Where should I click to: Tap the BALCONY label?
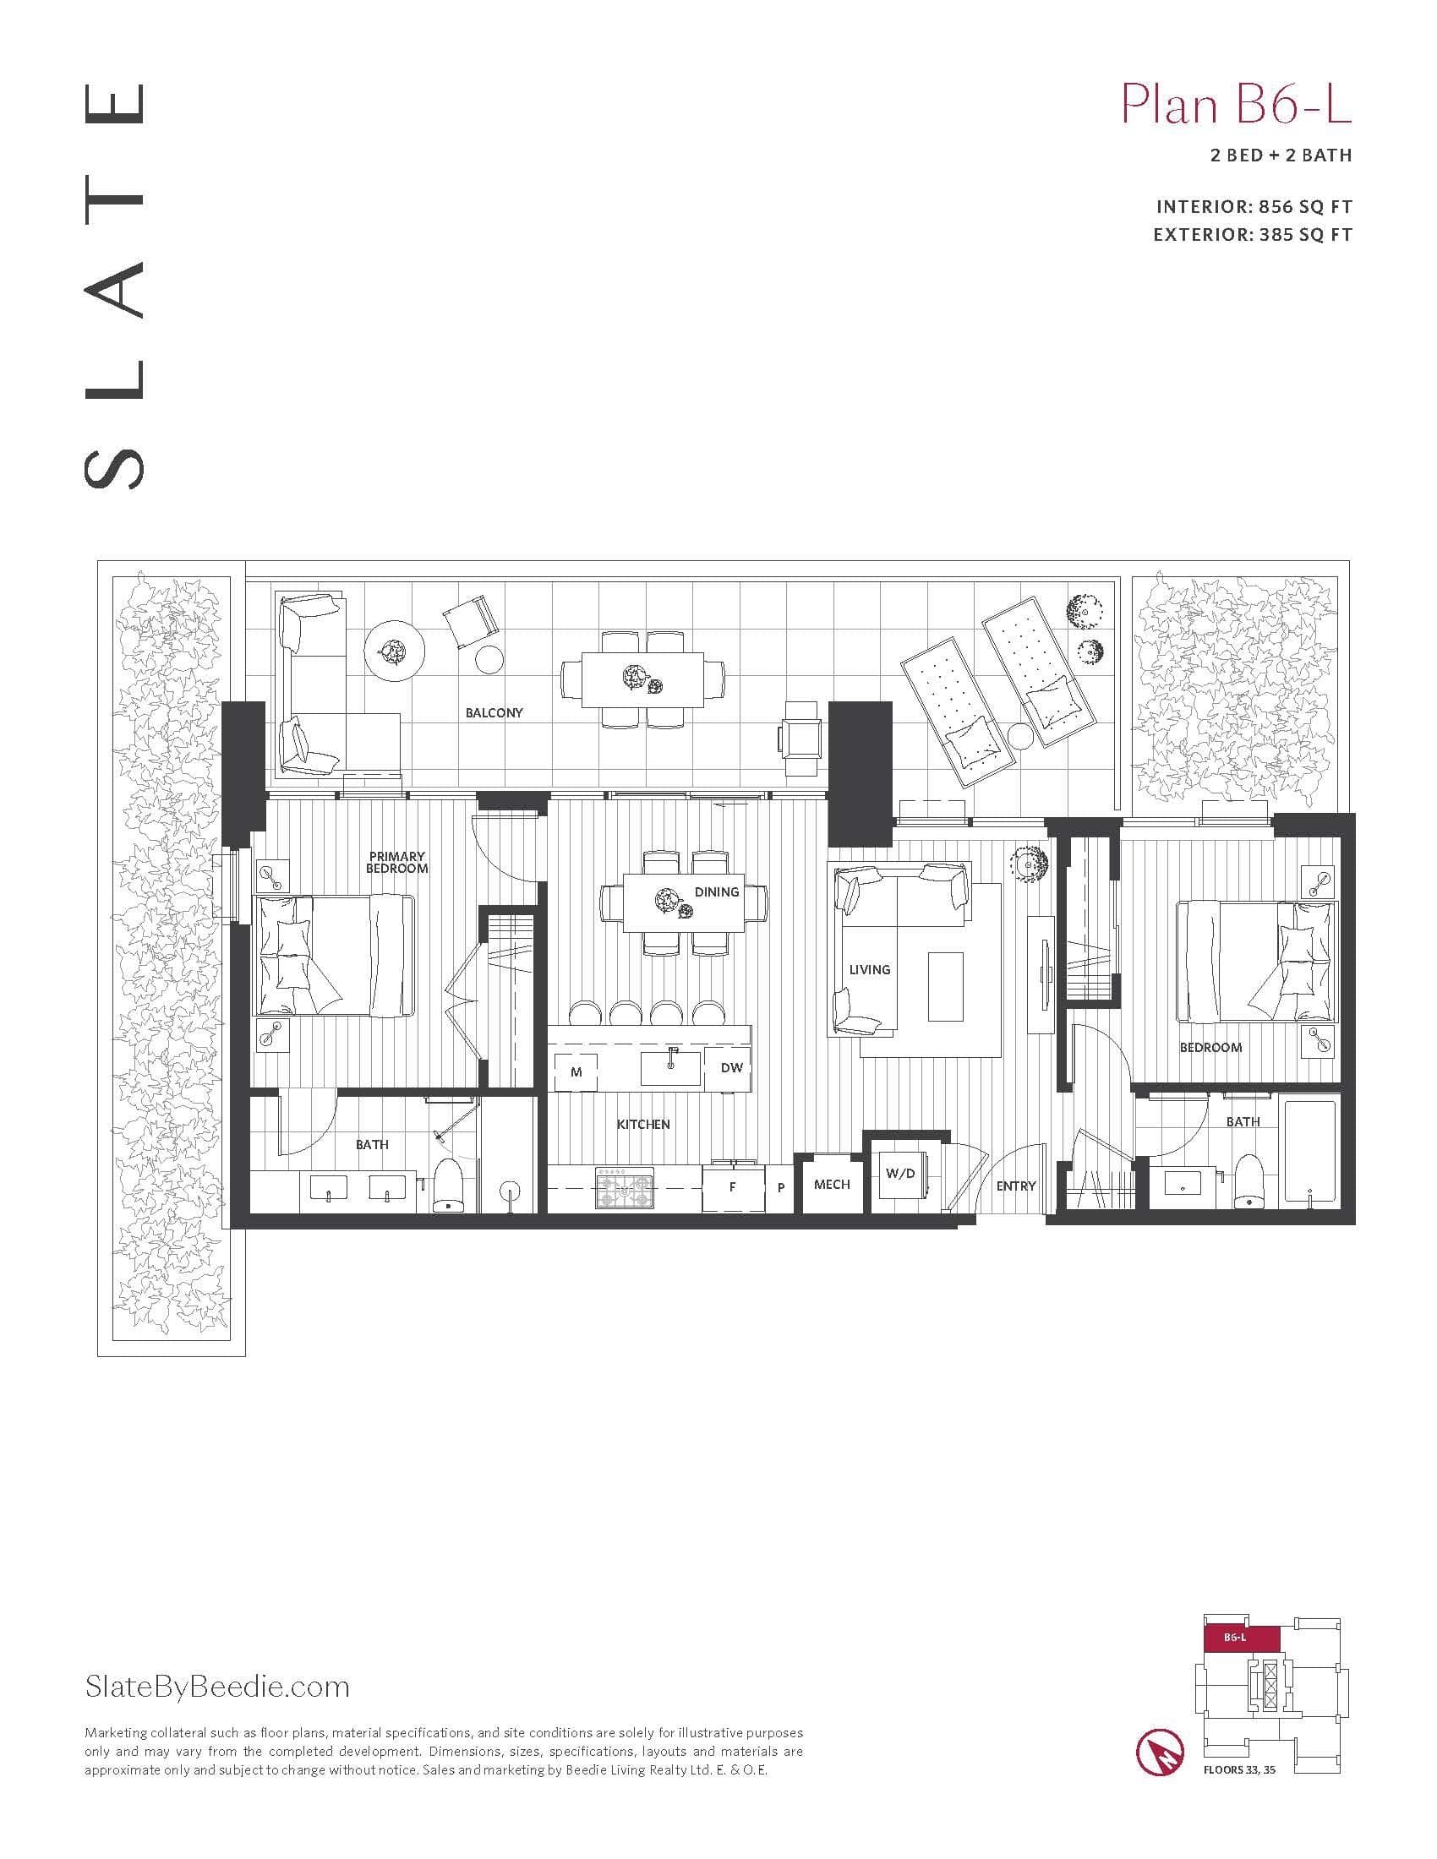tap(494, 712)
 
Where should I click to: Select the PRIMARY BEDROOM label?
tap(396, 862)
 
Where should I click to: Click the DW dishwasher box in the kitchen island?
tap(731, 1067)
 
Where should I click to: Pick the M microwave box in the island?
tap(576, 1071)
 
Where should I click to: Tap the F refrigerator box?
tap(733, 1186)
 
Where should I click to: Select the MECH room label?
tap(832, 1184)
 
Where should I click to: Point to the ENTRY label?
tap(1015, 1186)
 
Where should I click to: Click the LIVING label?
tap(869, 969)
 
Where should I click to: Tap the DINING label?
tap(716, 891)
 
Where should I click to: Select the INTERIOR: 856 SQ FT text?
tap(1254, 207)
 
